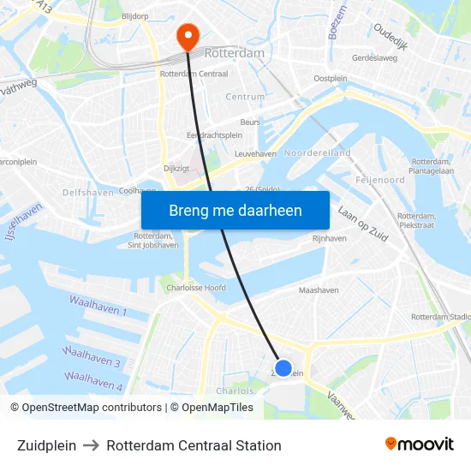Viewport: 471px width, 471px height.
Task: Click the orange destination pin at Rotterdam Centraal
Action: (187, 35)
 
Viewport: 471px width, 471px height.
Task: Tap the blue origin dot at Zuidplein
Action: (283, 368)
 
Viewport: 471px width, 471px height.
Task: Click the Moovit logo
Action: (420, 444)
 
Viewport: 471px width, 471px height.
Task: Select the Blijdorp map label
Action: (135, 16)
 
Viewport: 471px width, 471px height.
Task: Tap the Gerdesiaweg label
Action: (375, 58)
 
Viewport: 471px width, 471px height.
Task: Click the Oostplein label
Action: (331, 78)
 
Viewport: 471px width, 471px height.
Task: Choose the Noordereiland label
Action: (318, 152)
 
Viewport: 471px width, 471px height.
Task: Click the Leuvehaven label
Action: (255, 153)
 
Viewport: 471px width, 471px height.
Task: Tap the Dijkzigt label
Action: (176, 169)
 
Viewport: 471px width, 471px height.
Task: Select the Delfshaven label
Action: (88, 193)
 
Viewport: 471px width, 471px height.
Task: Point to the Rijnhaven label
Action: (330, 238)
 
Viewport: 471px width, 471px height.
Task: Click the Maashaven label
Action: (319, 290)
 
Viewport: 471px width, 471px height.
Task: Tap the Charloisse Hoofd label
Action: (197, 288)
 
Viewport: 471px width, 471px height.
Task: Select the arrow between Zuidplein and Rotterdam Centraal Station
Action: (92, 445)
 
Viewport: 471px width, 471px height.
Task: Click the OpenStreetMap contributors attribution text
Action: (92, 408)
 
